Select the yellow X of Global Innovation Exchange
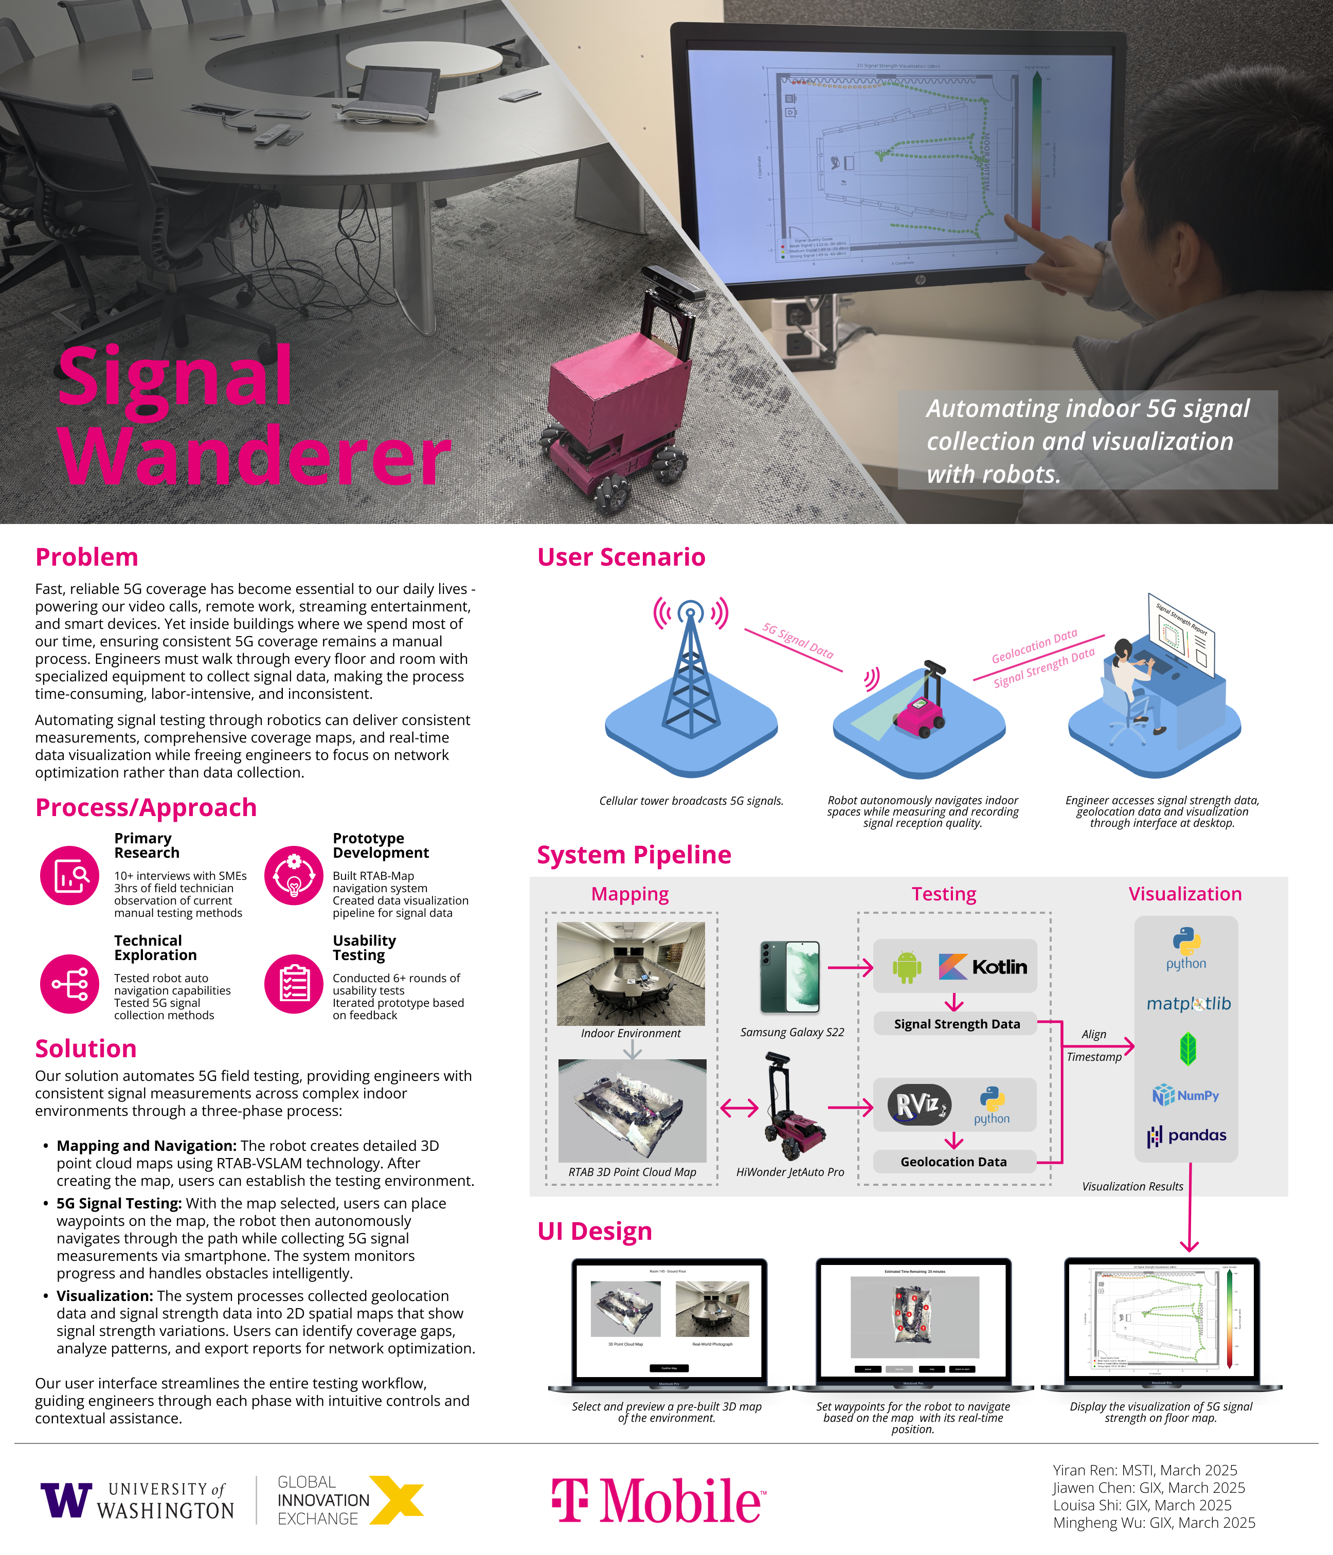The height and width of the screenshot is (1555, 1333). [397, 1499]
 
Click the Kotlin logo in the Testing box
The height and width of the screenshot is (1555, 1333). [983, 967]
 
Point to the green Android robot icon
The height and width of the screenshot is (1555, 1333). [907, 967]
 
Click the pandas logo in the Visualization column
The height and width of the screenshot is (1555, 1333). [1186, 1135]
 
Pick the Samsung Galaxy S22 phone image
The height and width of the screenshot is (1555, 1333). [789, 977]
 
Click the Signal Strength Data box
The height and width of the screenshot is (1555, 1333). [956, 1024]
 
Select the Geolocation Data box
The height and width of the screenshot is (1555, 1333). [953, 1162]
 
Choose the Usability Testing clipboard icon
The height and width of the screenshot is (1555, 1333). [294, 984]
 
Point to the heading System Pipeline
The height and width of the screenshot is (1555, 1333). [634, 855]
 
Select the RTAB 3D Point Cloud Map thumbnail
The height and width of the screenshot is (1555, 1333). [632, 1111]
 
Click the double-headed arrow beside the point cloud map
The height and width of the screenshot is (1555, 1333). [740, 1108]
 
